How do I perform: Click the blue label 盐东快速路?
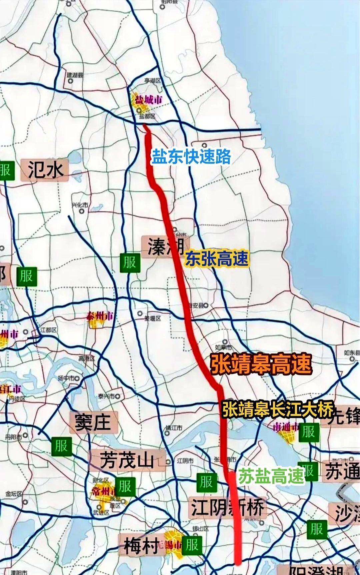pos(191,156)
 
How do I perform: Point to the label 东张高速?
pos(217,259)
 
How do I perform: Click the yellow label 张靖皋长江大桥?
pos(278,410)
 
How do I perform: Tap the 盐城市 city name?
pos(149,100)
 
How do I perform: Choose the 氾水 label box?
pos(45,170)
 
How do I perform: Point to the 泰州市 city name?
pos(99,316)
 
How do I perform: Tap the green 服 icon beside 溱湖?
pos(129,262)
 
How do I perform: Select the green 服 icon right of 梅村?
pos(192,544)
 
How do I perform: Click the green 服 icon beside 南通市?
pos(308,432)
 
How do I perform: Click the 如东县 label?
pos(352,353)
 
